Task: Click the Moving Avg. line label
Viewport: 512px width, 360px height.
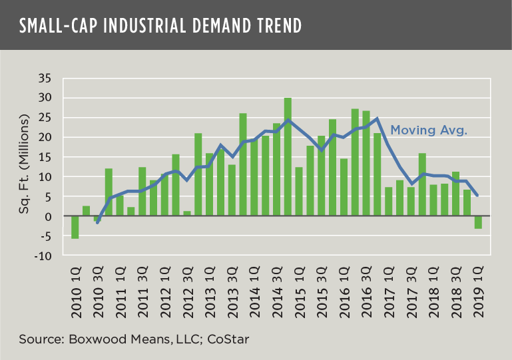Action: tap(428, 130)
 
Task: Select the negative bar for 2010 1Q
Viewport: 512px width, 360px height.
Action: tap(75, 227)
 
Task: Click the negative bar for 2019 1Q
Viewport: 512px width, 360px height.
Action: tap(477, 222)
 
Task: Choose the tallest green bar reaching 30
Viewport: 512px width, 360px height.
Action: tap(288, 157)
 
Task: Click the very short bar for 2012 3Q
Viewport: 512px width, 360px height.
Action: tap(187, 214)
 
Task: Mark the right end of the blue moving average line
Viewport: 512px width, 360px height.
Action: tap(477, 196)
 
